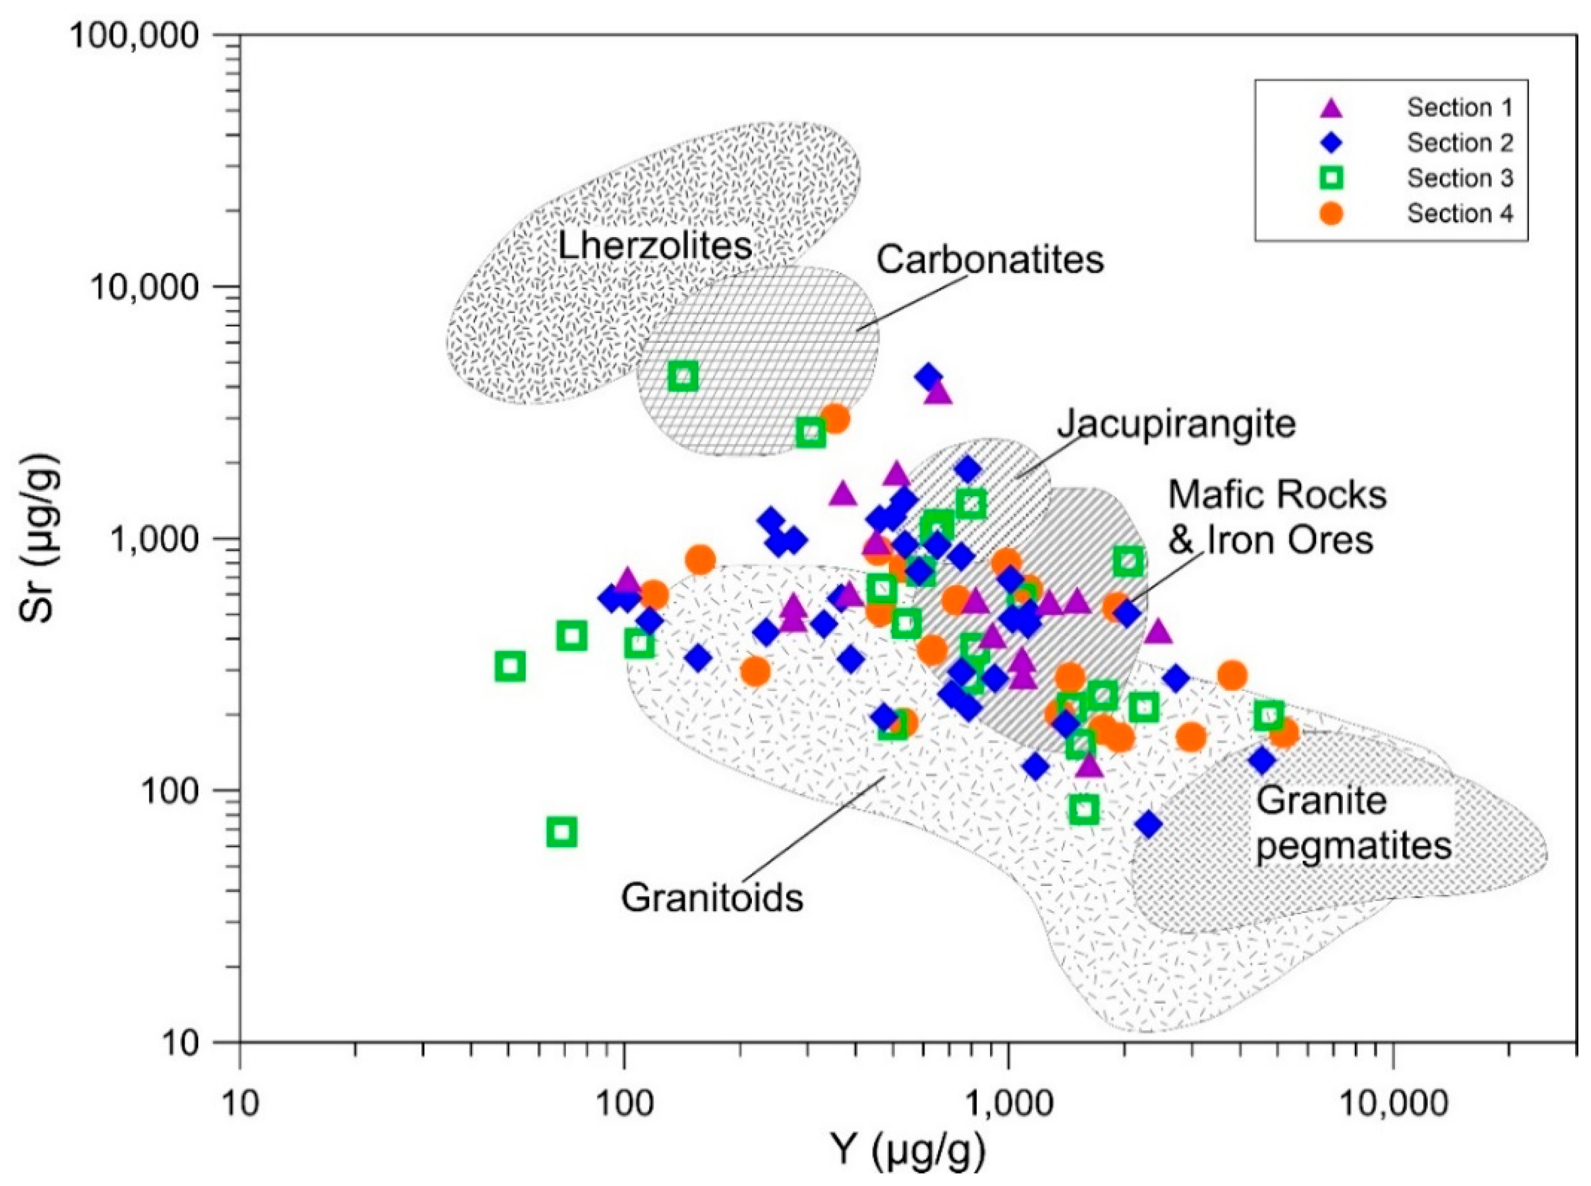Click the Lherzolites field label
point(654,246)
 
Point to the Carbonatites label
point(989,260)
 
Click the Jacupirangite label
point(1176,424)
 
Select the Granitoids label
point(711,897)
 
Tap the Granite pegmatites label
point(1354,824)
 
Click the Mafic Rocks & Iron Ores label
point(1277,517)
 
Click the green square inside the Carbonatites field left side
point(683,376)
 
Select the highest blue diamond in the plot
point(928,376)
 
